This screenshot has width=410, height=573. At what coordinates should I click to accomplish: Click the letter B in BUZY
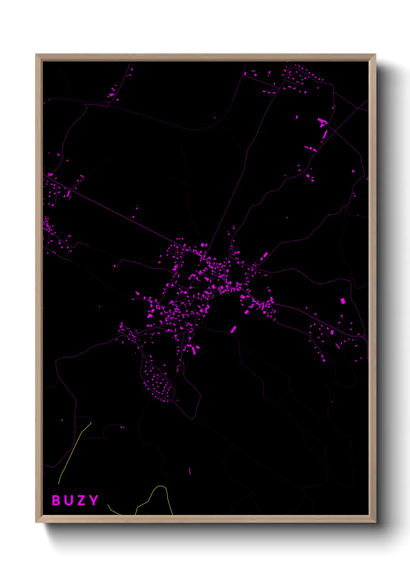[56, 500]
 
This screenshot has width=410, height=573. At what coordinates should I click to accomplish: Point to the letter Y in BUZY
[93, 500]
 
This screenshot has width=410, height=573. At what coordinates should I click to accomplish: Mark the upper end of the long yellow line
[91, 422]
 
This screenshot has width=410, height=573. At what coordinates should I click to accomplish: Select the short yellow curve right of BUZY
[114, 511]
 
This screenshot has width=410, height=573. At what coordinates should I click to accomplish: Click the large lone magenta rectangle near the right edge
[343, 301]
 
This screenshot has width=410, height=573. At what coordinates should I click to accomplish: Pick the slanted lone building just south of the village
[233, 329]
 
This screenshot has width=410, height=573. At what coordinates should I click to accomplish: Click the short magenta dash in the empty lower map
[190, 471]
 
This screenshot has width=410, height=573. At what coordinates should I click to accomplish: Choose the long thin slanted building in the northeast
[325, 135]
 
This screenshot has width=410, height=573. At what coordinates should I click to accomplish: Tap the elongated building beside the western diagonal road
[69, 193]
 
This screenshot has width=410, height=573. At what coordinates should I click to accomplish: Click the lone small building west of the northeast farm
[297, 117]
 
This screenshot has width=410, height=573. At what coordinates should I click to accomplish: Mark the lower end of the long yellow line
[59, 484]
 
